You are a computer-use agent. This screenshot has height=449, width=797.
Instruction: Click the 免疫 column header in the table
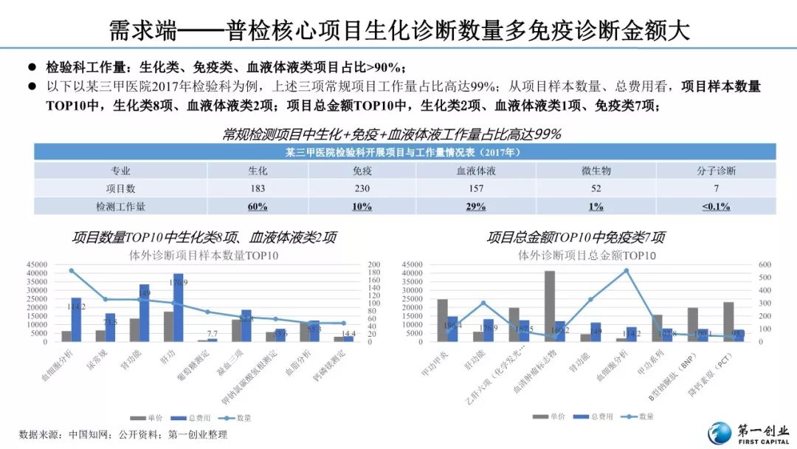coord(362,171)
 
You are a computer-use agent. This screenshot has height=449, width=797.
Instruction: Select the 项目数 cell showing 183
coord(258,188)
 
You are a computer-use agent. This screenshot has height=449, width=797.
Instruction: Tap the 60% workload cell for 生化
coord(258,206)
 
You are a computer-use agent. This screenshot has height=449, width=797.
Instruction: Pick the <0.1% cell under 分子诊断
coord(716,206)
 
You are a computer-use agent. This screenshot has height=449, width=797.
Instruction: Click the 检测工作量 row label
coord(120,206)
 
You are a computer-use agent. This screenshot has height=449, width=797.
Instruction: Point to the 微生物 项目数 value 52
coord(596,188)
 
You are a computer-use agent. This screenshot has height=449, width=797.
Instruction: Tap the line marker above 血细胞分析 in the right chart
coord(627,270)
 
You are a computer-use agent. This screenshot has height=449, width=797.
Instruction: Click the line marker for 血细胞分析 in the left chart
coord(72,270)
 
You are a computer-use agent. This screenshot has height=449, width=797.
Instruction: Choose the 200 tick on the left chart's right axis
coord(374,264)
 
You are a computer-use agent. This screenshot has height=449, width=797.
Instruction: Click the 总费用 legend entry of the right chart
coord(594,417)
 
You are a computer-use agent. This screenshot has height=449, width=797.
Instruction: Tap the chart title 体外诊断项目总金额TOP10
coord(587,256)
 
